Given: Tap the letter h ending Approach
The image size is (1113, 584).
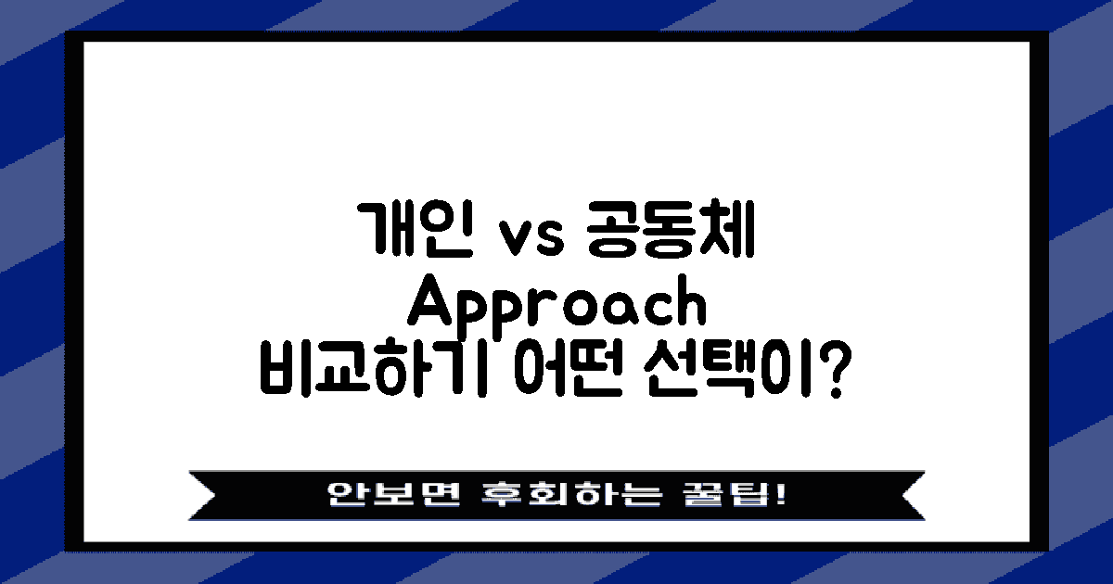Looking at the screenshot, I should [690, 304].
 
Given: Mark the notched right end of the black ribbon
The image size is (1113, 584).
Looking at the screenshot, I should [911, 493].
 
